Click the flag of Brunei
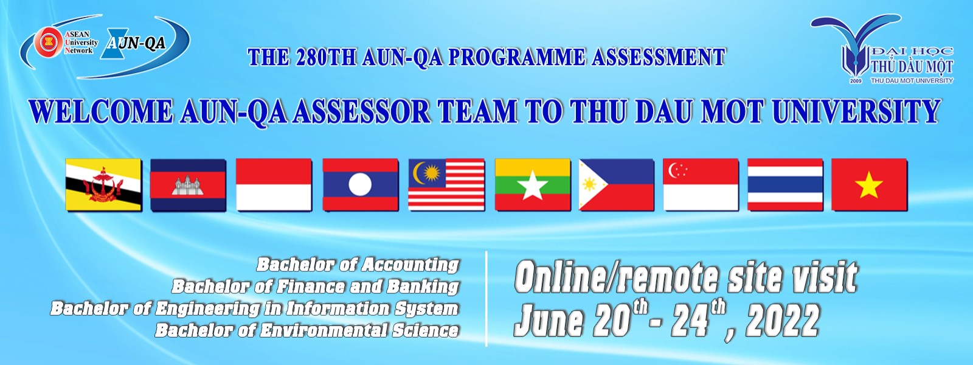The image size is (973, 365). pos(103,185)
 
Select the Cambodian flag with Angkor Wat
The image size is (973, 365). pos(188,185)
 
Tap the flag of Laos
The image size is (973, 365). pos(360,185)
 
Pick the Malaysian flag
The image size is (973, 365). pos(446,185)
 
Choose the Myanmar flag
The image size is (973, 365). pos(533,185)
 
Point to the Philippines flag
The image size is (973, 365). pos(617,185)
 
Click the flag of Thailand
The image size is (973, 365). pos(785,185)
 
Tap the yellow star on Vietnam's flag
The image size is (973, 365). pos(869,185)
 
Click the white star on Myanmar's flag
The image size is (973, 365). pos(533,186)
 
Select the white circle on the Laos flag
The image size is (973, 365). pos(360,185)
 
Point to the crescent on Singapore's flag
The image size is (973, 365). pos(674,170)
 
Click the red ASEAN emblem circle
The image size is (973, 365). pos(49,42)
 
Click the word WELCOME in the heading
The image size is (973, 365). pos(101,111)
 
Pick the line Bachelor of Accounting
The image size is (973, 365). pos(358,264)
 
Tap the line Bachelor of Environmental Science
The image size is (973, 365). pos(306,330)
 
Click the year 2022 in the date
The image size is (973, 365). pos(783,321)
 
